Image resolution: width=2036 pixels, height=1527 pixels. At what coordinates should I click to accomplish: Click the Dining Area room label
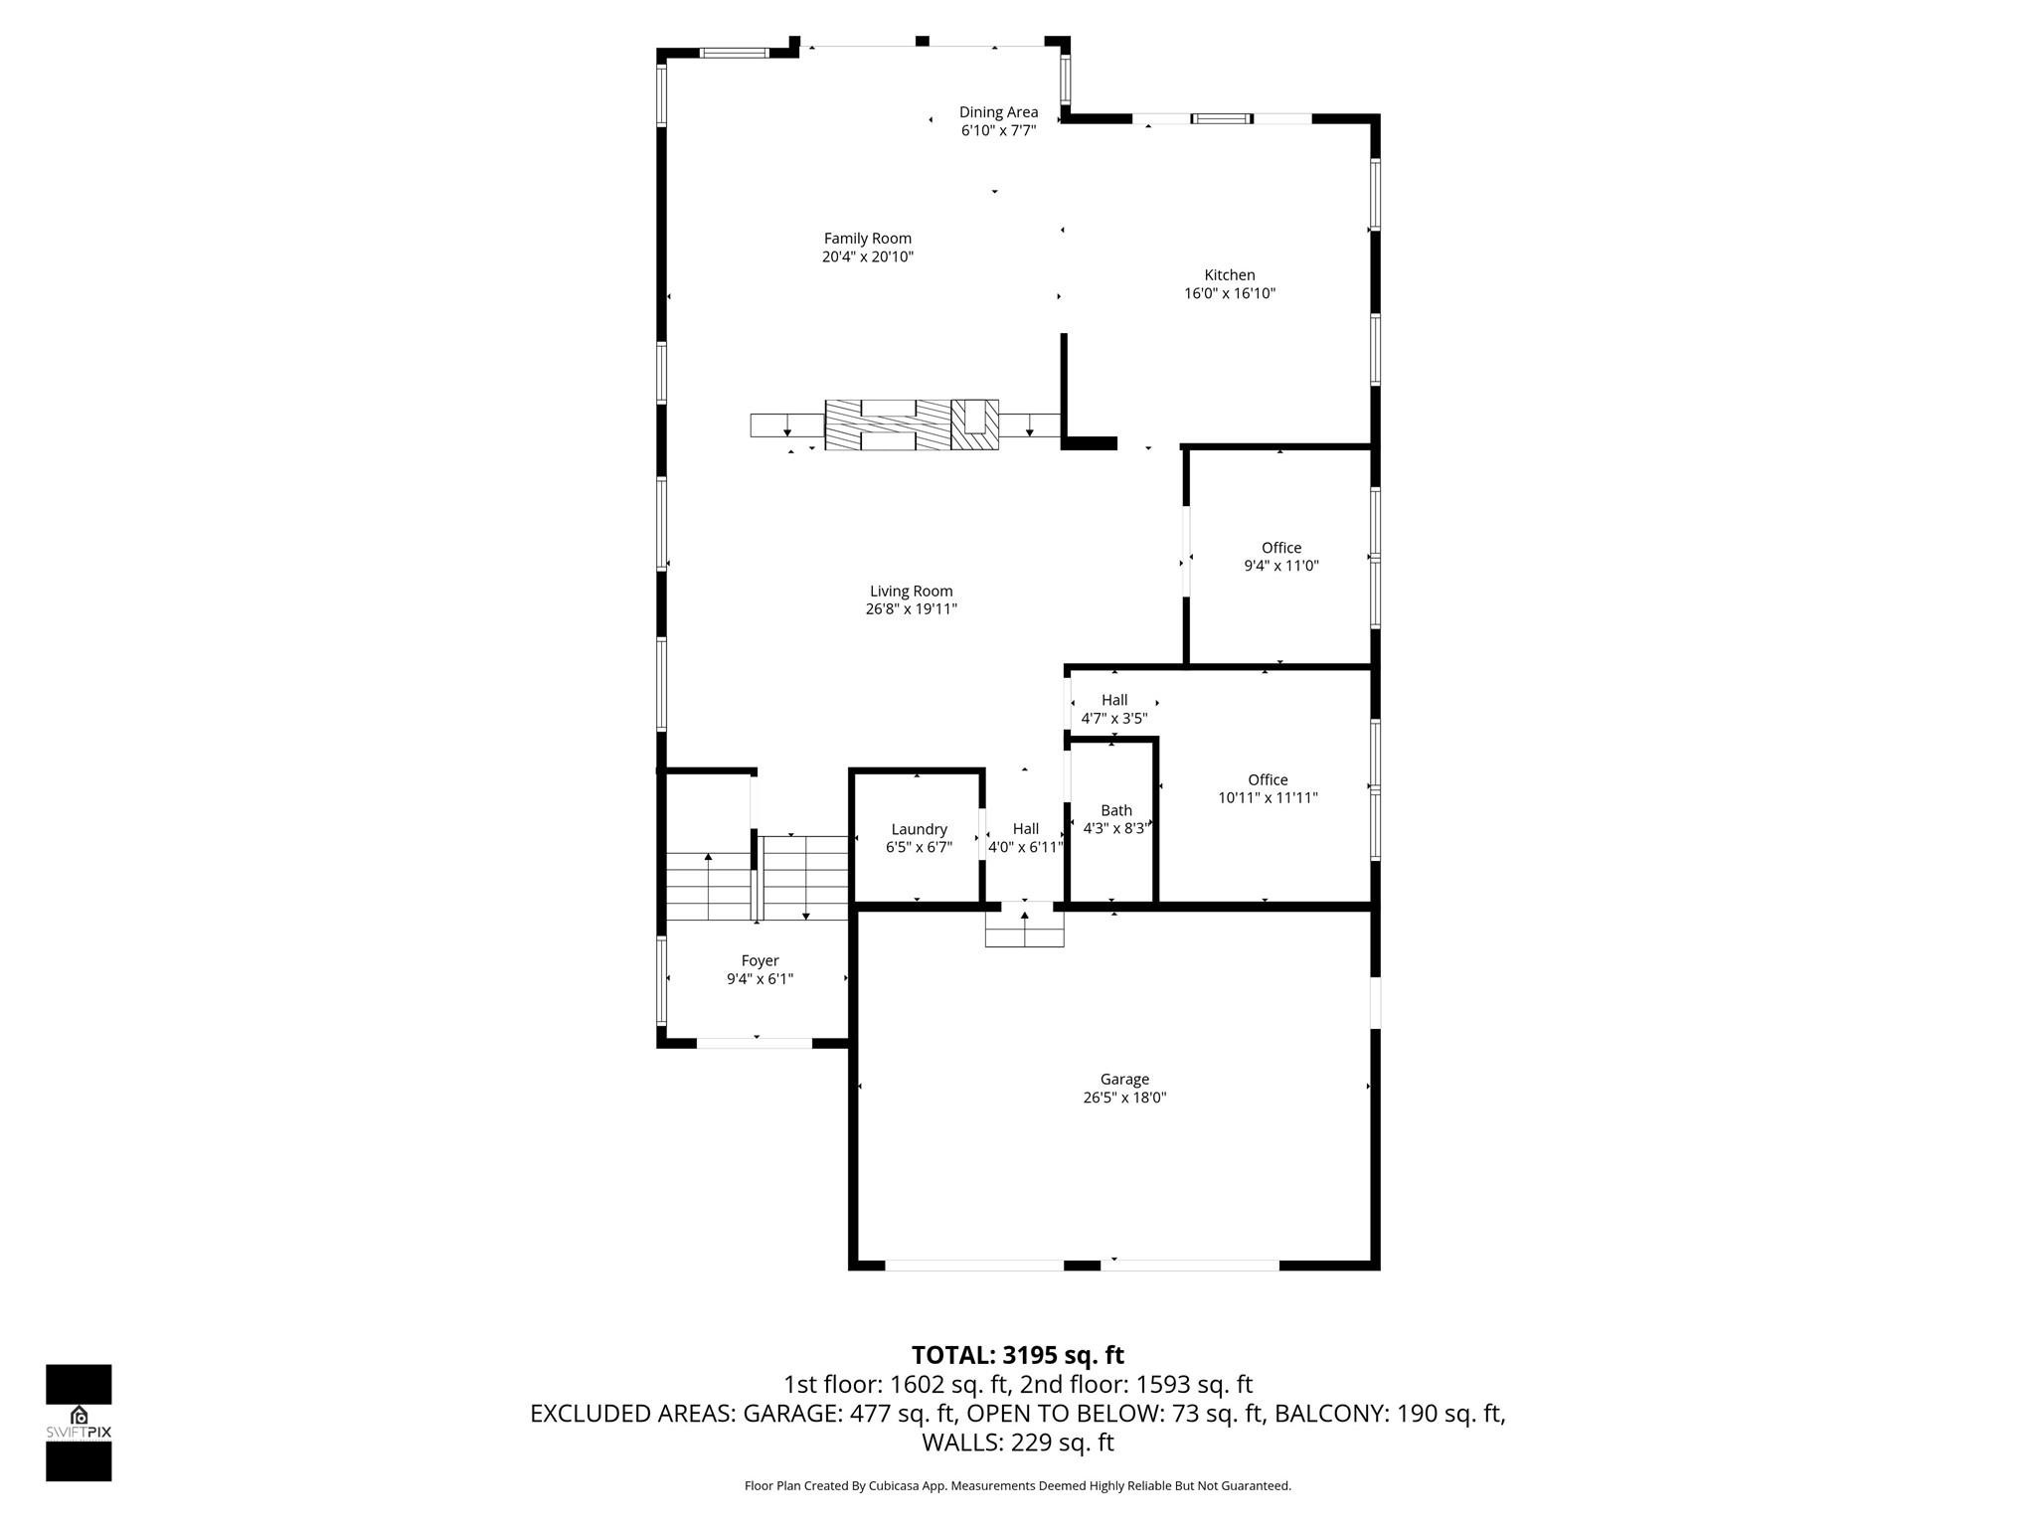click(x=998, y=112)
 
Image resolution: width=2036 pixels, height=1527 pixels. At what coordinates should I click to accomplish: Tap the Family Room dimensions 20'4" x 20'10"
click(x=867, y=257)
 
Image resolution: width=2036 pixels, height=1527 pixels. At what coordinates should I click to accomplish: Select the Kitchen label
click(x=1230, y=275)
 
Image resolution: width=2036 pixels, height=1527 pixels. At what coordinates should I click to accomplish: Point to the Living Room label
click(x=911, y=592)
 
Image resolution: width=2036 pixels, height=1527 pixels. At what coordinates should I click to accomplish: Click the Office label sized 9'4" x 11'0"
click(x=1281, y=548)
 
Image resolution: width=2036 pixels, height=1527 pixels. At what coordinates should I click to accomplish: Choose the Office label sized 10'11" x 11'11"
click(x=1268, y=780)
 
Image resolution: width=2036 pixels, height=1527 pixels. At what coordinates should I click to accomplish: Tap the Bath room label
click(x=1116, y=811)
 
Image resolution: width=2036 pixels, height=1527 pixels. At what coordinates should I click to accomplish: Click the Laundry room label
click(x=919, y=830)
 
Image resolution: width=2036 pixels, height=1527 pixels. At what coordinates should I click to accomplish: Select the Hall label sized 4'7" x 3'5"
click(x=1114, y=700)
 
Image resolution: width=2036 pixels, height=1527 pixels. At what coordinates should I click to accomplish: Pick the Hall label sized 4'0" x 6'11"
click(x=1025, y=829)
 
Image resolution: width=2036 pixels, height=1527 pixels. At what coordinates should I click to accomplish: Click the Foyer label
click(x=760, y=961)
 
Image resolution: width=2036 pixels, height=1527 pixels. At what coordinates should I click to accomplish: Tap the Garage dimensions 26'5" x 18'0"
click(x=1124, y=1099)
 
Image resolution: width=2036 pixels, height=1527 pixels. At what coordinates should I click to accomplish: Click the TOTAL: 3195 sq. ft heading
click(x=1017, y=1355)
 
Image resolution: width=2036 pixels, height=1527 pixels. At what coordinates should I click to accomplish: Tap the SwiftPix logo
click(x=79, y=1422)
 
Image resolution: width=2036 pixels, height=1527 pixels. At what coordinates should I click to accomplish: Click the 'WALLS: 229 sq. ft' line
click(x=1017, y=1442)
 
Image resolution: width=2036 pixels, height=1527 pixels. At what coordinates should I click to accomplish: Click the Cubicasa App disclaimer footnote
click(x=1017, y=1486)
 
